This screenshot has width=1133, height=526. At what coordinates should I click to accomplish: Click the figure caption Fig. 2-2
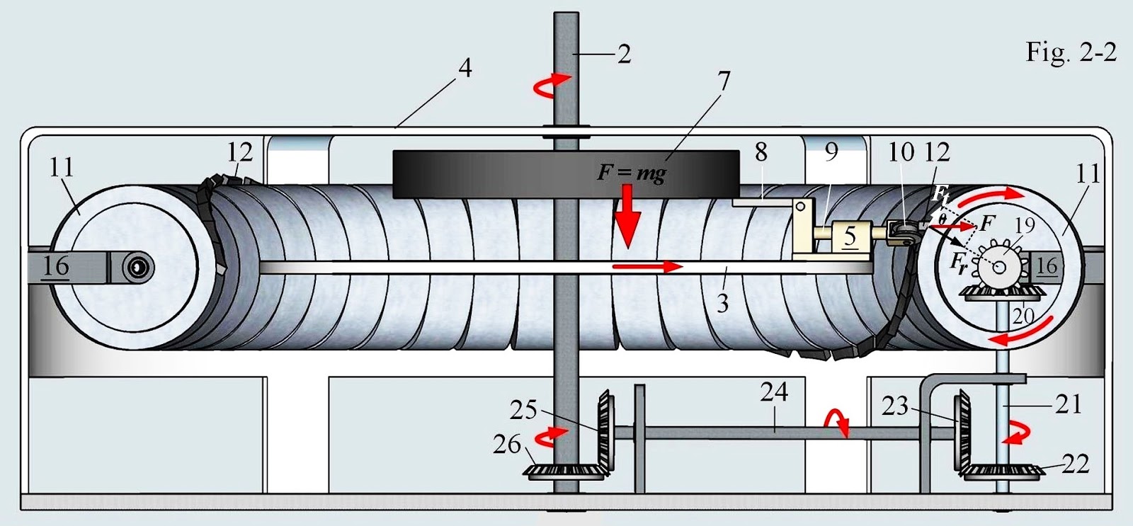click(x=1071, y=52)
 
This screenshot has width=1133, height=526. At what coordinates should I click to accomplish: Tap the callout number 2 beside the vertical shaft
click(x=623, y=54)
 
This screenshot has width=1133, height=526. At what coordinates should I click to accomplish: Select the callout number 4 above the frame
click(x=465, y=69)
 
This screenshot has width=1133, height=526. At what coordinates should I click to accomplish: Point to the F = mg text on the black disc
click(x=631, y=172)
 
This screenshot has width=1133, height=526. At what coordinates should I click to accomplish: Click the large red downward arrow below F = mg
click(x=626, y=219)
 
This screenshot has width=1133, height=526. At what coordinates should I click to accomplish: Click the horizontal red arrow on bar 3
click(x=647, y=267)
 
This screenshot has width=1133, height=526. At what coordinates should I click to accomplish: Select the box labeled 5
click(x=849, y=236)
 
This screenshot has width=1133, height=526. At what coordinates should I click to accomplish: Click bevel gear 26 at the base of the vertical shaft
click(x=563, y=472)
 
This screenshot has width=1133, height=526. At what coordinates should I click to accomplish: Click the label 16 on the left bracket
click(x=55, y=266)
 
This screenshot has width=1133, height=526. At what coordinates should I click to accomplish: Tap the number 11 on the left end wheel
click(x=62, y=168)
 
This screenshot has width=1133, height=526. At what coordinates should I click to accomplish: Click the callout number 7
click(x=723, y=81)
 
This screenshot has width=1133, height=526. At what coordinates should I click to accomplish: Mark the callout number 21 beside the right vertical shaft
click(x=1067, y=404)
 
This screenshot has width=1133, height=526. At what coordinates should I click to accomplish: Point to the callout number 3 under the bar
click(x=722, y=304)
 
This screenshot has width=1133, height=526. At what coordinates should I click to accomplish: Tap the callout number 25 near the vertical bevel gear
click(x=524, y=410)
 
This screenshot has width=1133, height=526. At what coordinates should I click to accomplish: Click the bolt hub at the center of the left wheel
click(x=138, y=267)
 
